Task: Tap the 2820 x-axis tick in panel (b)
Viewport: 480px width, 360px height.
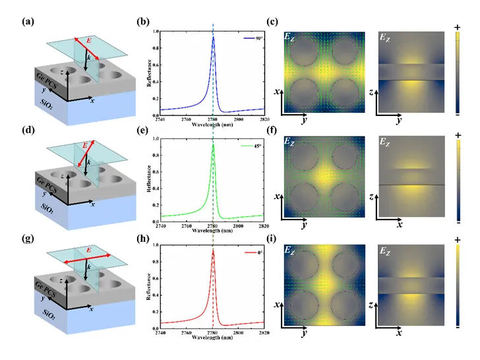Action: pyautogui.click(x=263, y=118)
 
